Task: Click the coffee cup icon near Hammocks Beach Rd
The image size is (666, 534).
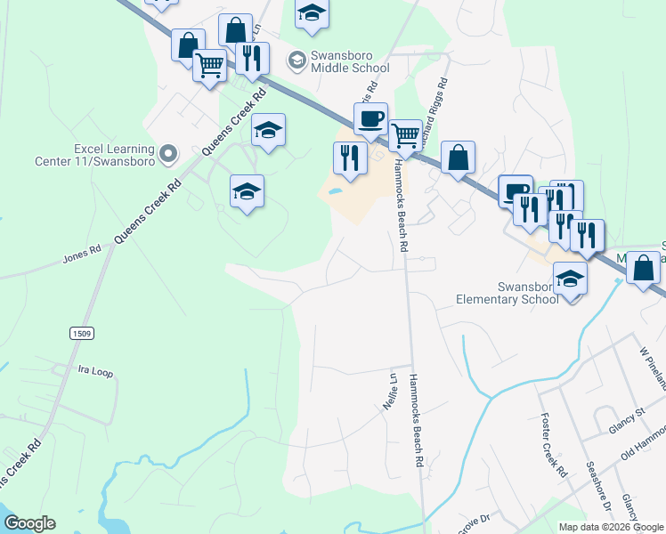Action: tap(370, 117)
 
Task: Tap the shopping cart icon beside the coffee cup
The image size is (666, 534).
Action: tap(405, 136)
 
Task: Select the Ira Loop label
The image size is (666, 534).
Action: tap(95, 372)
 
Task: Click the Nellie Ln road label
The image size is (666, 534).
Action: tap(389, 389)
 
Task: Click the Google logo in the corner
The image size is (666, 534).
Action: tap(29, 523)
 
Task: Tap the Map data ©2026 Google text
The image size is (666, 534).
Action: tap(610, 527)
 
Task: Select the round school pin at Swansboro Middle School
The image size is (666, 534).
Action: tap(296, 61)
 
